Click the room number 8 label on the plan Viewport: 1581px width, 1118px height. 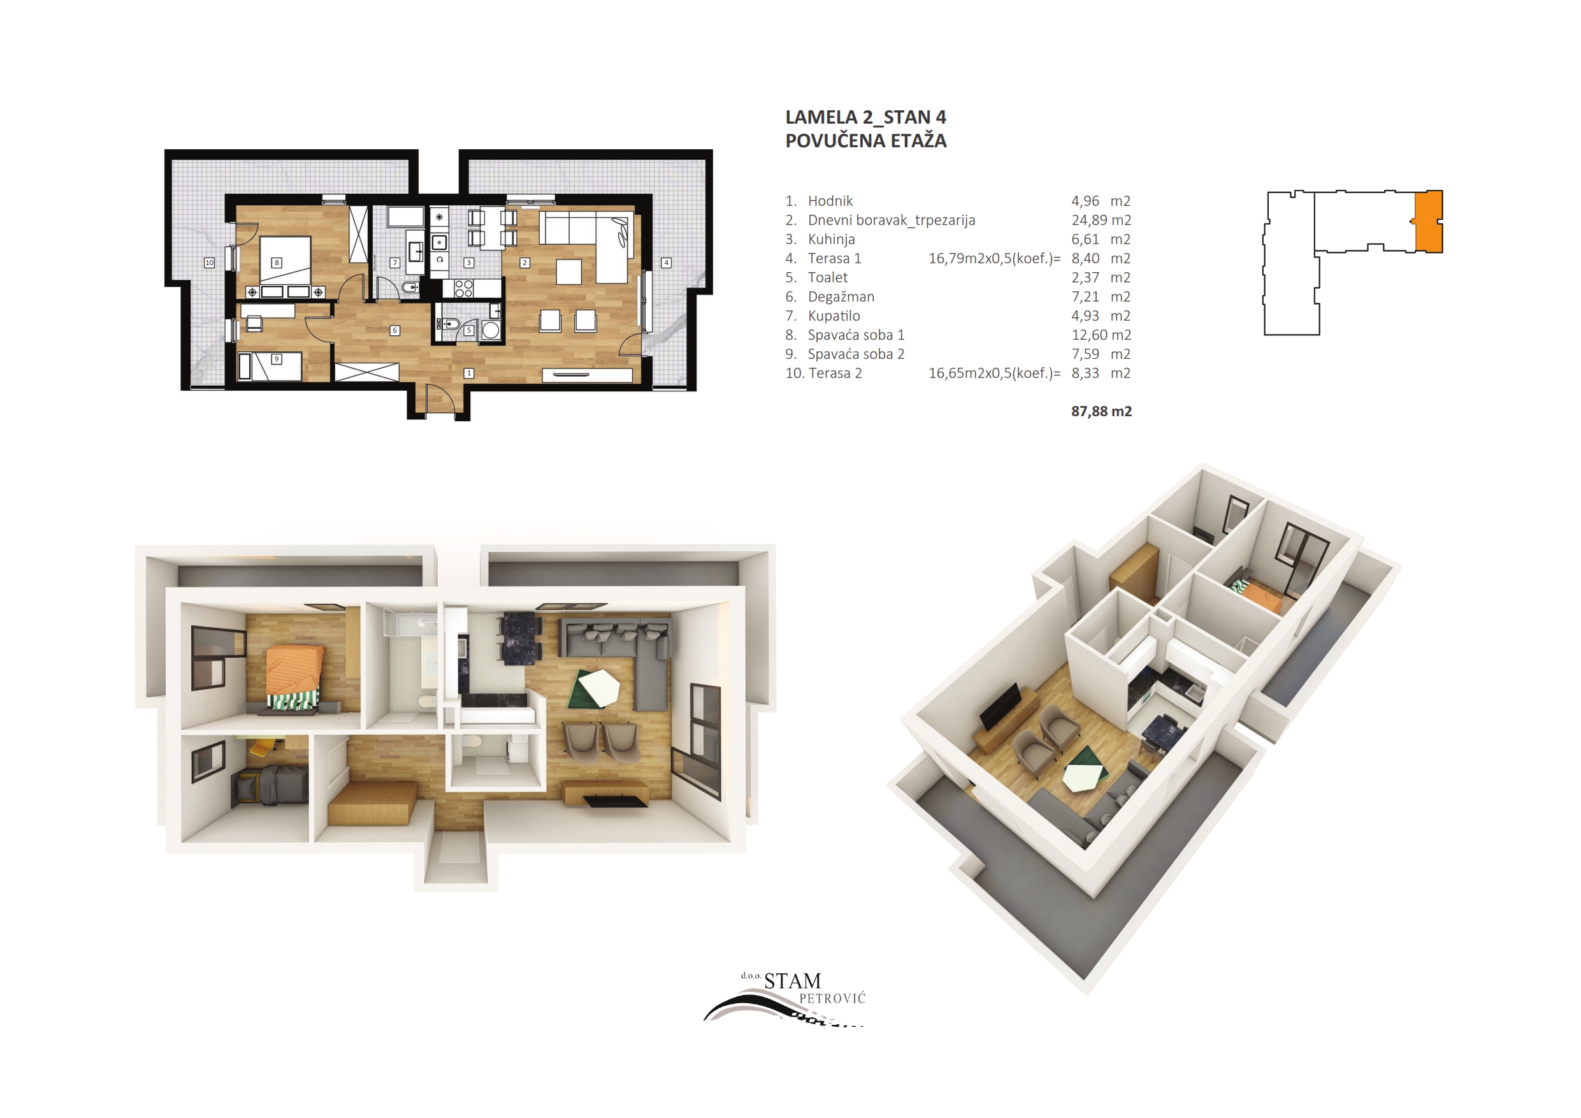(x=277, y=263)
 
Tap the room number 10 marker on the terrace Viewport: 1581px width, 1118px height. (x=209, y=263)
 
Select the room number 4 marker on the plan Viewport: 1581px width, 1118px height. (x=666, y=263)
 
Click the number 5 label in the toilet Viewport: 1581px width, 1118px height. (x=469, y=330)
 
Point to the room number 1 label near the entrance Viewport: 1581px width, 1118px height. (x=469, y=374)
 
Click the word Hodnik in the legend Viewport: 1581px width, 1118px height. (x=830, y=201)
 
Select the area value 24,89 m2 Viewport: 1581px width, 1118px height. (x=1101, y=221)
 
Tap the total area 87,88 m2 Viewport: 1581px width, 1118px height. (x=1101, y=411)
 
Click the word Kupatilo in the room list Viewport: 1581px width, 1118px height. (x=834, y=316)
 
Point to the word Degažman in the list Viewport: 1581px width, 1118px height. (x=841, y=297)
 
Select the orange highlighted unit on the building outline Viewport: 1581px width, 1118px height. (x=1429, y=222)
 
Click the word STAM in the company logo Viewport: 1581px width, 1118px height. (x=793, y=981)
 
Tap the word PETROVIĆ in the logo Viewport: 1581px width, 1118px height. (x=832, y=998)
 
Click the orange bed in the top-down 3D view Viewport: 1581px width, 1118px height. (x=294, y=669)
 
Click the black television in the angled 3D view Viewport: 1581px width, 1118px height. (x=1000, y=708)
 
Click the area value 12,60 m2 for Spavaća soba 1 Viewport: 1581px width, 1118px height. (x=1101, y=335)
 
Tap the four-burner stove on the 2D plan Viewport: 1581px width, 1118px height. (x=463, y=288)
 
